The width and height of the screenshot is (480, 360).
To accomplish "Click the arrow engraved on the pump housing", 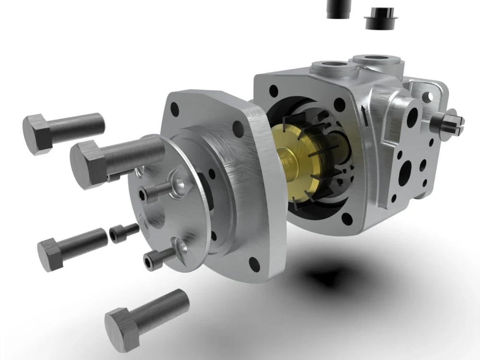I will [x=365, y=115].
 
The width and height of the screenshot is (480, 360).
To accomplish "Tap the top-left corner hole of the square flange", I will [x=175, y=109].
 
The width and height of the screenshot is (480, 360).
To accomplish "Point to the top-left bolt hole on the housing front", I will [x=274, y=90].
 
